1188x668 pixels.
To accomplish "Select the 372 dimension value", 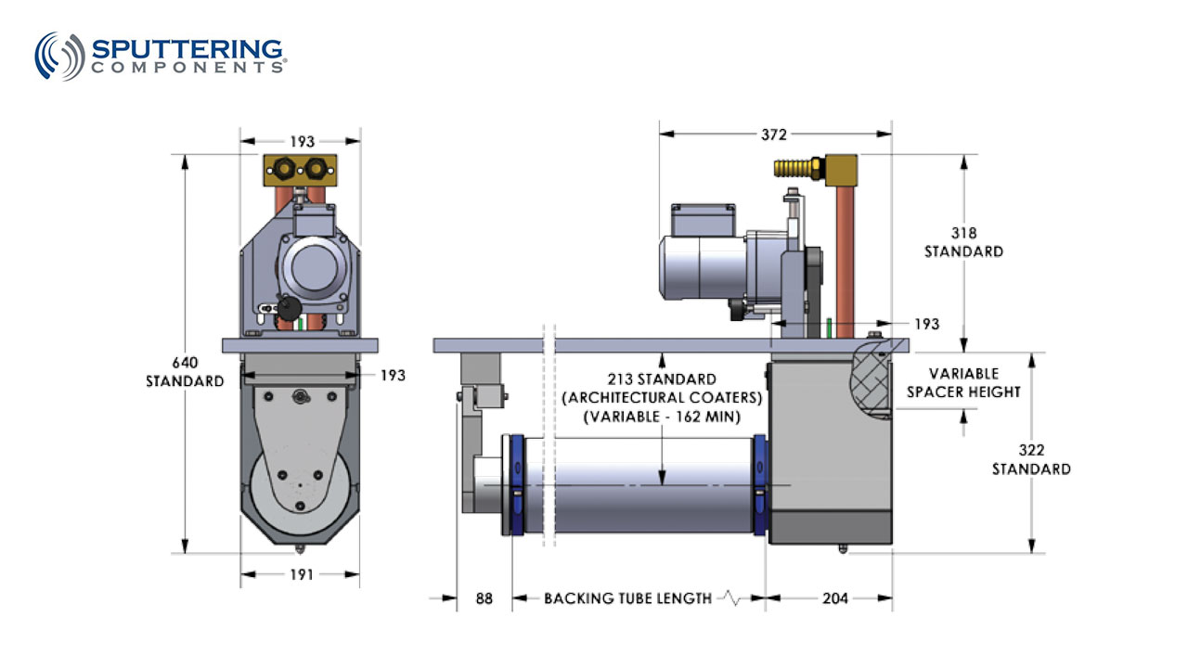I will [x=774, y=135].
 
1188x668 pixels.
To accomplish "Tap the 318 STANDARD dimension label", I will [x=963, y=242].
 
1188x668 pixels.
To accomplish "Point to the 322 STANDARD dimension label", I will [x=1030, y=459].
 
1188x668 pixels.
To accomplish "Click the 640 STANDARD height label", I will [x=185, y=372].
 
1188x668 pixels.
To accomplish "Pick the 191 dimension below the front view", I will [x=302, y=574].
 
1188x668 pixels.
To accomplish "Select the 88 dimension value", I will [x=485, y=598].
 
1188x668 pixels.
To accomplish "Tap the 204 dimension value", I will [x=835, y=598].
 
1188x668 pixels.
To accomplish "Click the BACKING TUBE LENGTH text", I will [x=627, y=598].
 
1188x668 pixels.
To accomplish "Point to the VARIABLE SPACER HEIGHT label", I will [x=963, y=382].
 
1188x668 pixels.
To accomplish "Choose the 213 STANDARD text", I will [x=661, y=379].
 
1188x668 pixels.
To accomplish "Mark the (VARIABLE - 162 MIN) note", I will [x=661, y=417].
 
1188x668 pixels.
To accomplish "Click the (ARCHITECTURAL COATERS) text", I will [x=661, y=398].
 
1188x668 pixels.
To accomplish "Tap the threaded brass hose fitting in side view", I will [x=795, y=168].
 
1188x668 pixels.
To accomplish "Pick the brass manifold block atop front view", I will [x=300, y=168].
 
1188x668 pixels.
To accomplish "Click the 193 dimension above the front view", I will [x=302, y=142].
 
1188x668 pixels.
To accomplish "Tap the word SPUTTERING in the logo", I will [x=187, y=48].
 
